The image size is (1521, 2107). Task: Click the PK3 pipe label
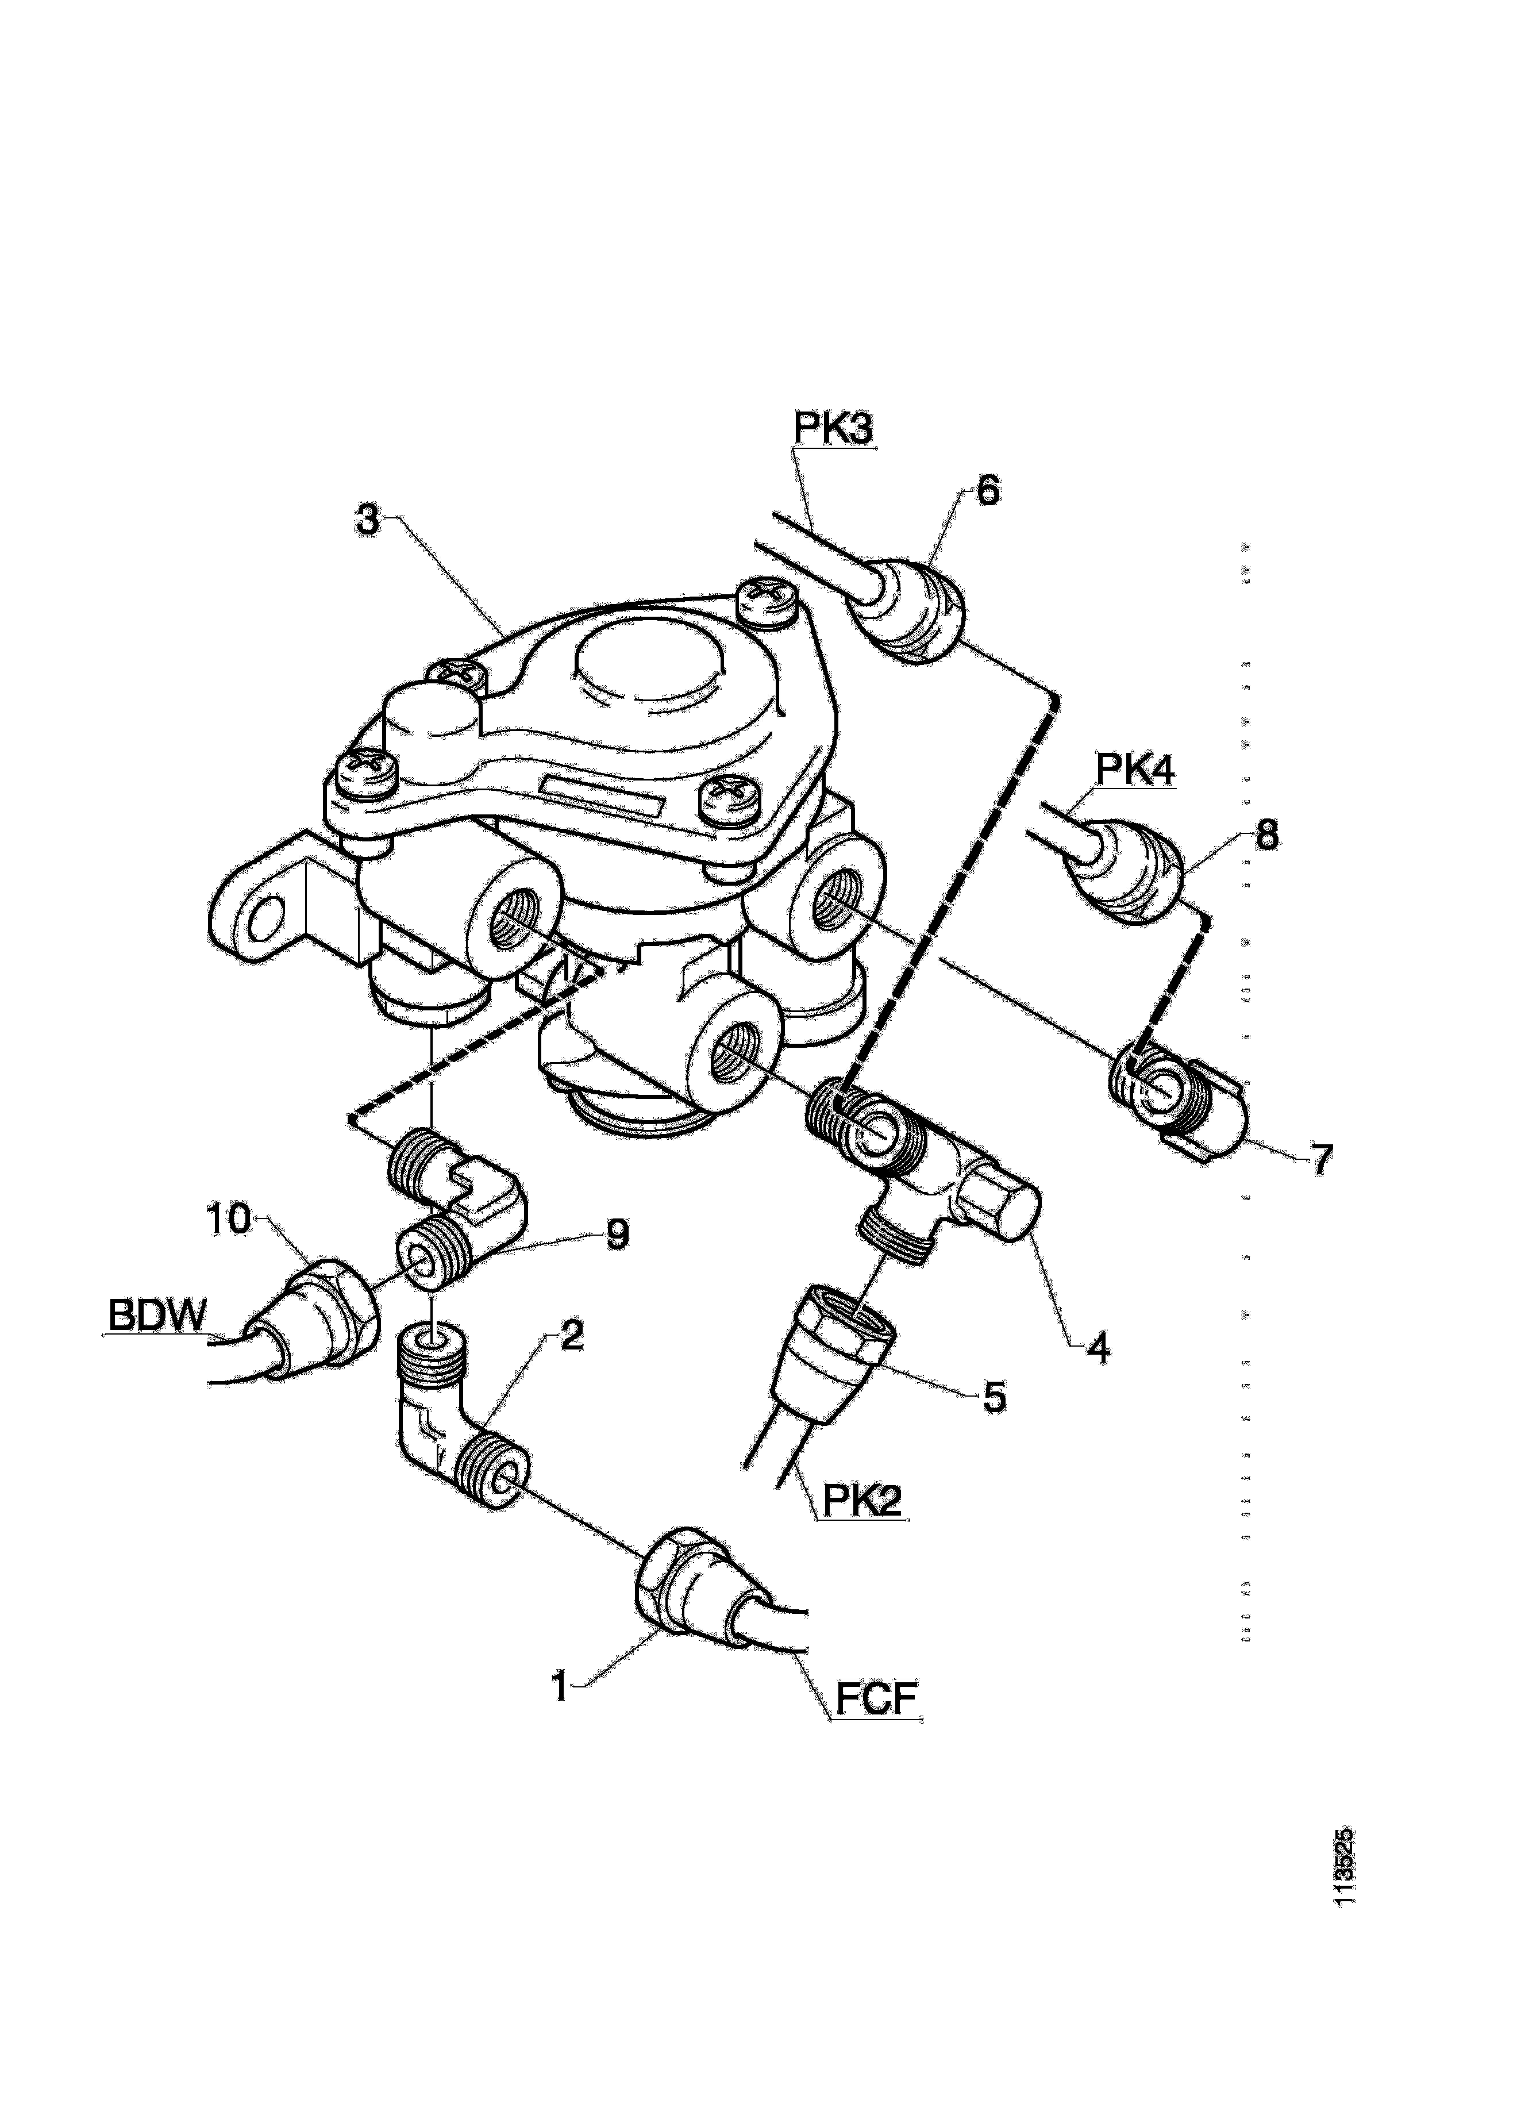point(833,429)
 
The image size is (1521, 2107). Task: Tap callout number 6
point(987,491)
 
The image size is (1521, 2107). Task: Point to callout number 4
point(1099,1348)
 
